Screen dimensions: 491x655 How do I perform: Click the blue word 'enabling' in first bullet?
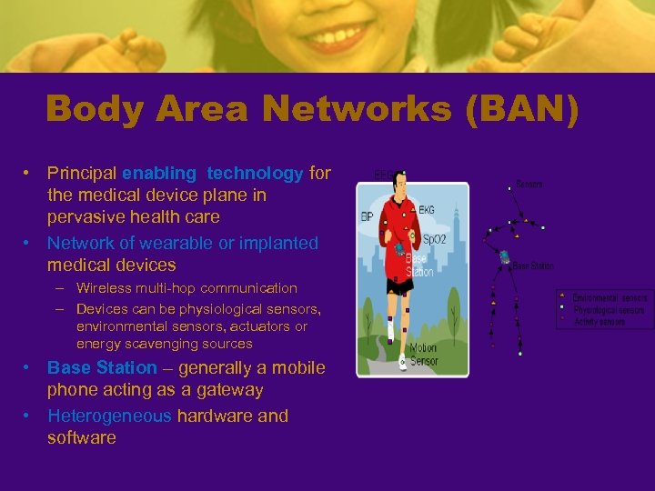(159, 173)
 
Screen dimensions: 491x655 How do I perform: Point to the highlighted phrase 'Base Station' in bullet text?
(102, 368)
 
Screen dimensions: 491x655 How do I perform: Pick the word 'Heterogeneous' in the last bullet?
(109, 416)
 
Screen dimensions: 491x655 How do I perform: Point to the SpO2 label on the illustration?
(435, 240)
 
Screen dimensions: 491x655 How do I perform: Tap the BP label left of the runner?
(368, 217)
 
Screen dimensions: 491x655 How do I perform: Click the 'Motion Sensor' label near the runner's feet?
(423, 354)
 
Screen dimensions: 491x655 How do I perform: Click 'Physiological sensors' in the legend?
(609, 310)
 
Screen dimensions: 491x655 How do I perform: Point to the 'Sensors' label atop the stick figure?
(529, 185)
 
